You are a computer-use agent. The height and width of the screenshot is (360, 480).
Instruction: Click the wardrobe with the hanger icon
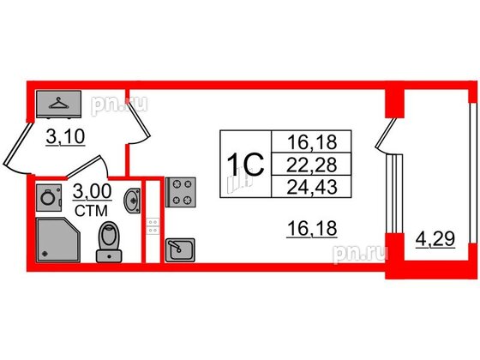58,104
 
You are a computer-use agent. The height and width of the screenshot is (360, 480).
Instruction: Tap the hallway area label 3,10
65,136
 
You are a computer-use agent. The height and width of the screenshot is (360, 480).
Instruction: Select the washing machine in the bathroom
49,198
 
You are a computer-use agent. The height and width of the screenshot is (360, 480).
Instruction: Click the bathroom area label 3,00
93,192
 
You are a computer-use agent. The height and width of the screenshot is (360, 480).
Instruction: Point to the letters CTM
91,211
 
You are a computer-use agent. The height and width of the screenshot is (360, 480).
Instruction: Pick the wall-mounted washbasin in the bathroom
132,201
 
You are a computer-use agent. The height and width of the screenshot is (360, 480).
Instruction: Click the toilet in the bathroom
109,242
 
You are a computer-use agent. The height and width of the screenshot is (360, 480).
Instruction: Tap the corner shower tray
58,240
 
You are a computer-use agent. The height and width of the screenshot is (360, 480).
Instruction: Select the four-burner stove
181,192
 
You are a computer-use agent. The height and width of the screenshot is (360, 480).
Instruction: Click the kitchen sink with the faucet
180,250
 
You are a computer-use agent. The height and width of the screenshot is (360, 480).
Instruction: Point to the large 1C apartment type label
246,165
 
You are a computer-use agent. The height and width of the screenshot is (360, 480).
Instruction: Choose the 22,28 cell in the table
311,164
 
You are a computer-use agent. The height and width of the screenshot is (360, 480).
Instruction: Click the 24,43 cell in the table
311,187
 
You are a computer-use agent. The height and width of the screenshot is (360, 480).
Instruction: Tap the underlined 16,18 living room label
312,229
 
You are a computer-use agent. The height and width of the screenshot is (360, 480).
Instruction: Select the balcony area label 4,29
435,239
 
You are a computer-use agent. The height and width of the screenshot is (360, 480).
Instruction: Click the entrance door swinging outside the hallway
18,144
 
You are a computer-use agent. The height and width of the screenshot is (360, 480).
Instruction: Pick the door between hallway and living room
138,119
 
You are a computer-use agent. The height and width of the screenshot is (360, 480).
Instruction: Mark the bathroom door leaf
84,166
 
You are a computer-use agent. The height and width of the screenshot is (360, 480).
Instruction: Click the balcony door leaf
385,133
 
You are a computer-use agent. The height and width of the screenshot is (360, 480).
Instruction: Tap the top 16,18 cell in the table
311,141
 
